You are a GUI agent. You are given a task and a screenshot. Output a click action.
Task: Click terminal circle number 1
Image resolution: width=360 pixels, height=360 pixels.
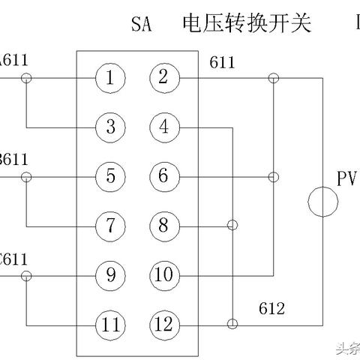(109, 77)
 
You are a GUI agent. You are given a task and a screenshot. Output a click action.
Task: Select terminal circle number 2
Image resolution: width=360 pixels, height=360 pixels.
(163, 77)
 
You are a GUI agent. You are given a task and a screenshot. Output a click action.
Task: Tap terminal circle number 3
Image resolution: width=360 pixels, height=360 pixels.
(109, 127)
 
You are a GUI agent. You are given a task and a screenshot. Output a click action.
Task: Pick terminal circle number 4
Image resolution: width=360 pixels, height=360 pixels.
(163, 127)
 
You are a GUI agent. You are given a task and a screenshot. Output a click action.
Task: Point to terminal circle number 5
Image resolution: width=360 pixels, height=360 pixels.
(109, 177)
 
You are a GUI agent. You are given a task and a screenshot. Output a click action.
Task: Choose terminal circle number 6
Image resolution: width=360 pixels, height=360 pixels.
(163, 177)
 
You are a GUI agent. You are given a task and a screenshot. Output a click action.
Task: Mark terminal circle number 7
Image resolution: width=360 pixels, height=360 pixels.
(109, 225)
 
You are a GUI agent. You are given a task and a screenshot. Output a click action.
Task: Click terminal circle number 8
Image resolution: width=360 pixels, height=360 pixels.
(163, 225)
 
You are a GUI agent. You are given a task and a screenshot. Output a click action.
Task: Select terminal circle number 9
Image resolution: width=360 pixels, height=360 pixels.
(109, 274)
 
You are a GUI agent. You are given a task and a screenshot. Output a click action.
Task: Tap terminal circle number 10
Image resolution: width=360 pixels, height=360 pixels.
(163, 274)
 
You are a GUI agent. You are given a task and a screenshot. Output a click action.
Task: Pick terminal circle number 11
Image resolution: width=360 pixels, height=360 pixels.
(109, 324)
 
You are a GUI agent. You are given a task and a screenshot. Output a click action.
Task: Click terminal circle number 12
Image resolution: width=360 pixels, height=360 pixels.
(163, 324)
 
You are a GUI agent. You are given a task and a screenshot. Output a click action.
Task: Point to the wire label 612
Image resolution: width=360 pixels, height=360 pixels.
(271, 308)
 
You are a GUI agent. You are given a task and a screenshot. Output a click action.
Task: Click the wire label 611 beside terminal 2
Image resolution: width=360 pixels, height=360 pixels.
(222, 63)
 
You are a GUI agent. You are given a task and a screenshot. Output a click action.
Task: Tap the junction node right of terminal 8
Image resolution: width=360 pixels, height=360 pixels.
(232, 225)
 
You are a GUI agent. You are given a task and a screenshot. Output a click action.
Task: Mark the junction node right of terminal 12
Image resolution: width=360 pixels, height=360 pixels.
(232, 324)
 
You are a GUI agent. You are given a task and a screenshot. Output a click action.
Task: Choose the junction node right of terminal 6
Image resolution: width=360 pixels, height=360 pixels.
(273, 177)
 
